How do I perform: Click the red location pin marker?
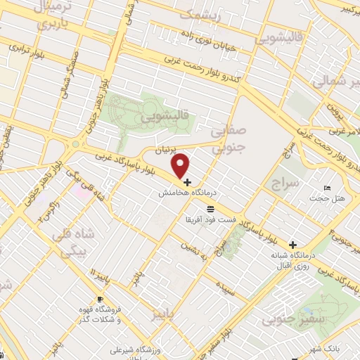point(181,165)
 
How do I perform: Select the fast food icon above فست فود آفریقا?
point(211,210)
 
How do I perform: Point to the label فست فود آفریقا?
point(211,220)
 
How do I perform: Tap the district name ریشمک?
point(200,13)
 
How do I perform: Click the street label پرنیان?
point(166,150)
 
